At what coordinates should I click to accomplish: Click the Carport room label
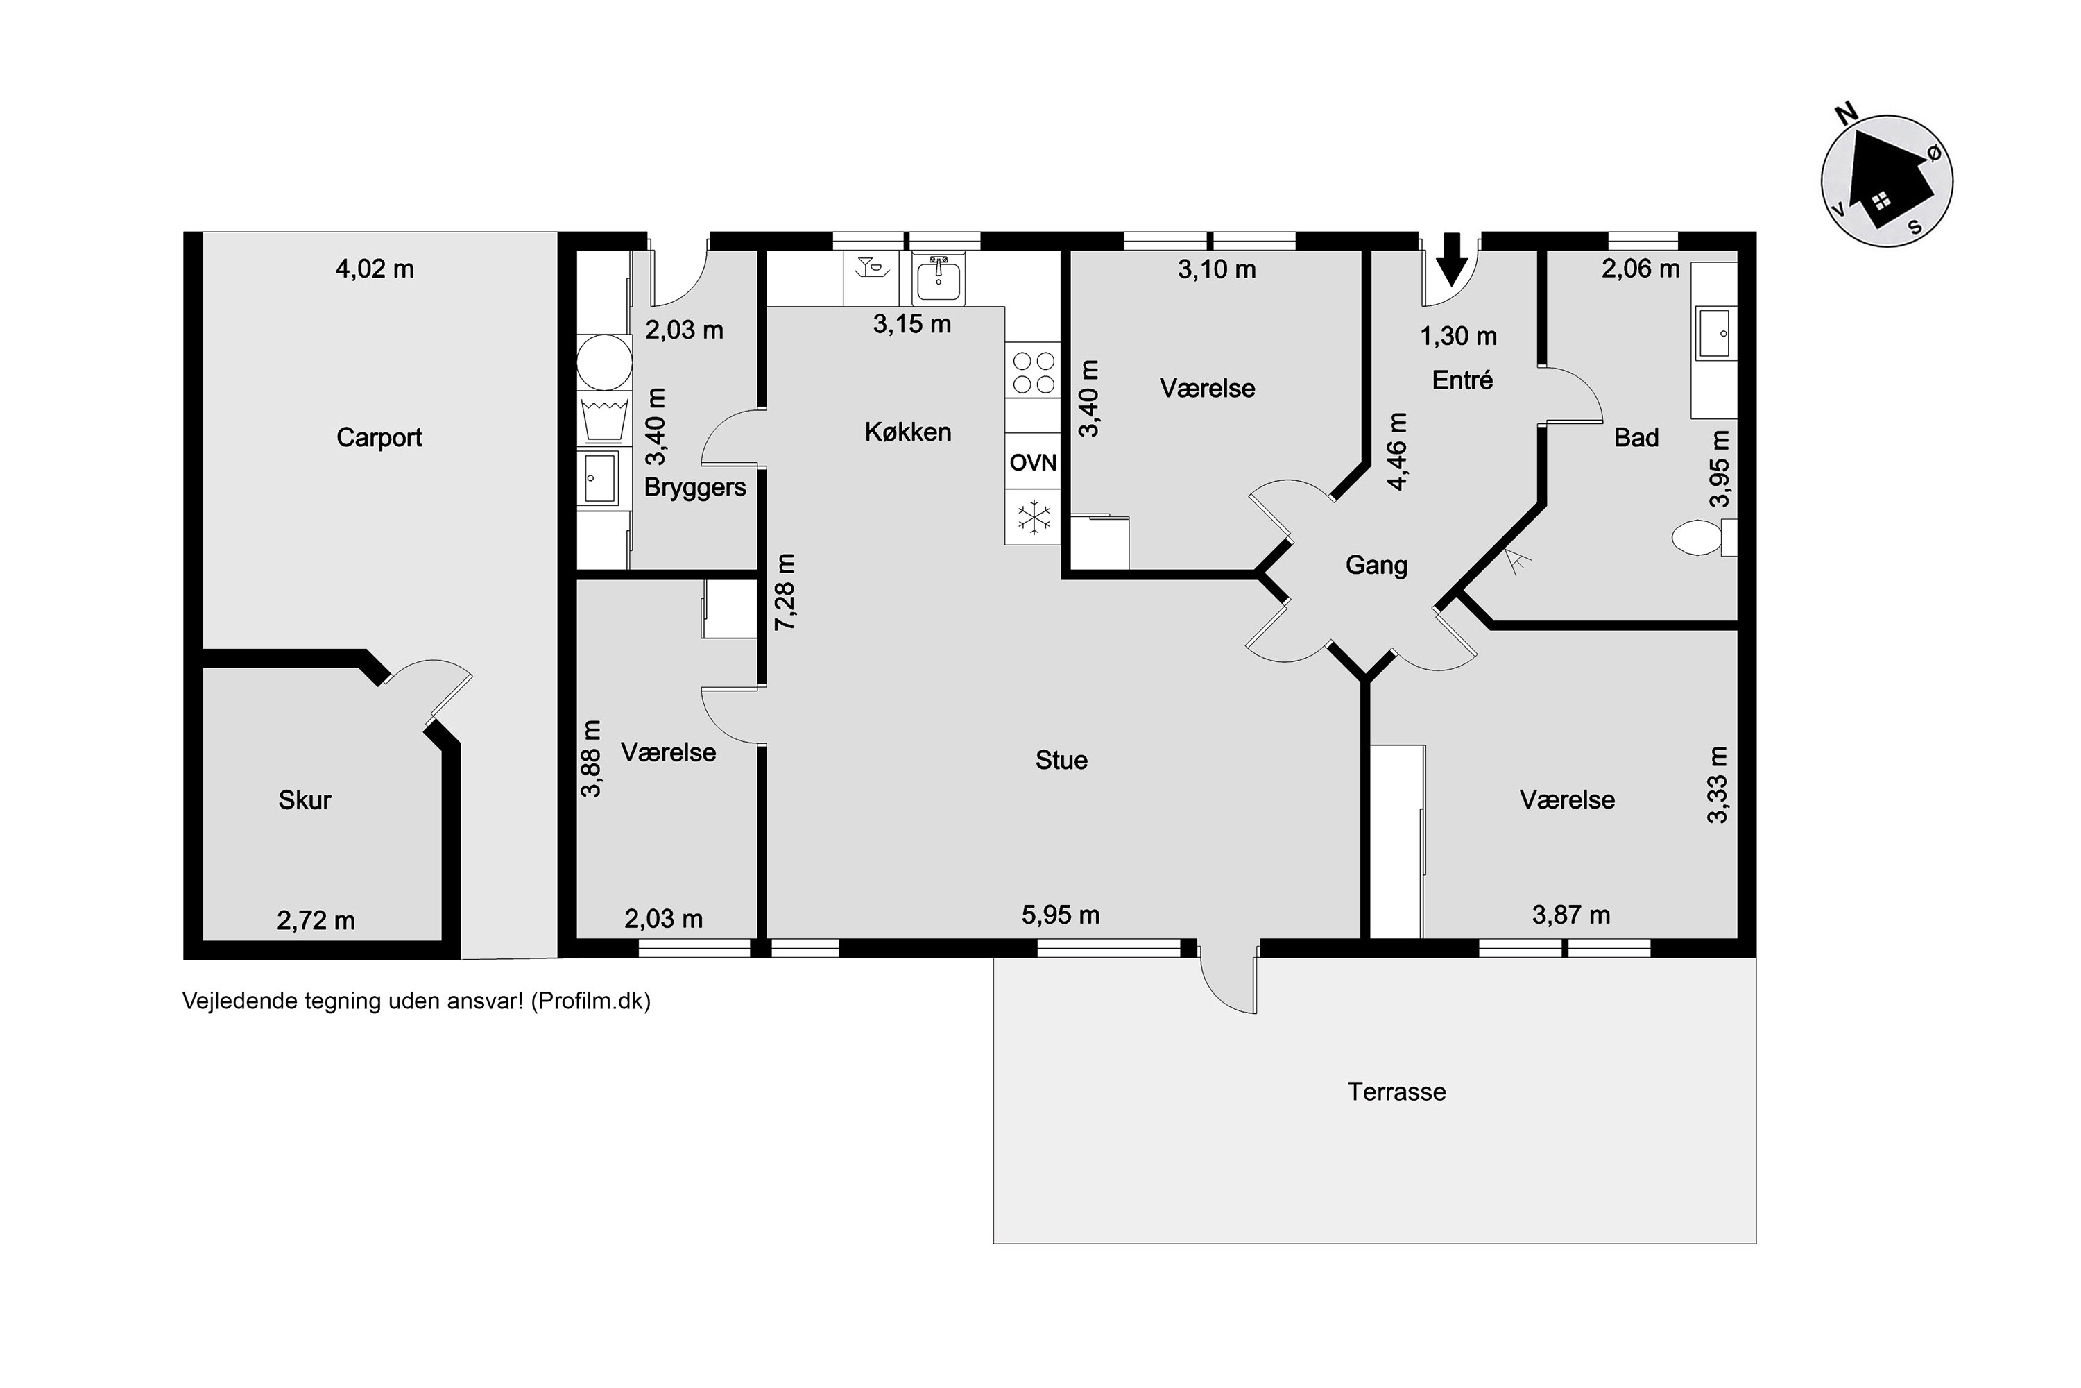coord(379,437)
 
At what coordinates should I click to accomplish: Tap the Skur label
coord(305,800)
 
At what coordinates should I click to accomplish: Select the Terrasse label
coord(1396,1092)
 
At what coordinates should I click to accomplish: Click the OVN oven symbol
coord(1033,462)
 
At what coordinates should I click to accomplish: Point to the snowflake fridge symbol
coord(1033,518)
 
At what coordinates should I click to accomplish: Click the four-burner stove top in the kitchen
coord(1034,372)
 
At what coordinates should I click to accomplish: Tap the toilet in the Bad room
coord(1704,537)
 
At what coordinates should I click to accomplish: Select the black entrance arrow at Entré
coord(1451,258)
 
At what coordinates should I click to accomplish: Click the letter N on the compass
coord(1846,113)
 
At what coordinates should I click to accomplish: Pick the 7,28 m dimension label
coord(785,591)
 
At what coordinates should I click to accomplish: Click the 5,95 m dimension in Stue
coord(1060,915)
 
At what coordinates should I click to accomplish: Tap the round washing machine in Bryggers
coord(604,362)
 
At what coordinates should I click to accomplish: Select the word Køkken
coord(908,432)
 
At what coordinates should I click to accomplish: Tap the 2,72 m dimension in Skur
coord(316,921)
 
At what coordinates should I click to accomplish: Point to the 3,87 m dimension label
coord(1570,915)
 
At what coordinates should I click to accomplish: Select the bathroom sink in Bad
coord(1715,334)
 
